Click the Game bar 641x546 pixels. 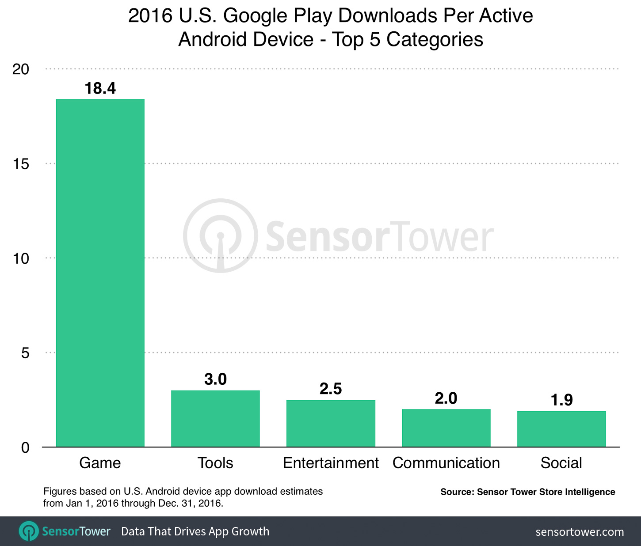tap(100, 273)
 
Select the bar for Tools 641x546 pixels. tap(215, 418)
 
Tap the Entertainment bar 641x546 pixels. tap(331, 423)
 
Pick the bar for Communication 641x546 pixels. tap(446, 428)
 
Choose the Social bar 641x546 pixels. tap(561, 429)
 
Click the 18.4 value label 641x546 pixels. tap(100, 88)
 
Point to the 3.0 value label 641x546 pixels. tap(215, 379)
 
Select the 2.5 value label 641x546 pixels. tap(331, 389)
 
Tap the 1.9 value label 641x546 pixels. tap(561, 400)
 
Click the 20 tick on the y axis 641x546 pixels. tap(21, 69)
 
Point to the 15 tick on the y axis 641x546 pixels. tap(21, 164)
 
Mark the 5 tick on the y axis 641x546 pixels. tap(25, 353)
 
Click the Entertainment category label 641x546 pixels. tap(331, 463)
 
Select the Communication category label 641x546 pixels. tap(446, 463)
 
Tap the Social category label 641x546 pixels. tap(561, 463)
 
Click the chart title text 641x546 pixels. tap(331, 27)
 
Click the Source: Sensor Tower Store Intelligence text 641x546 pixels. tap(527, 492)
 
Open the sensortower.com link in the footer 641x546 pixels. tap(580, 532)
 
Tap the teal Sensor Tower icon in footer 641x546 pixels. tap(29, 531)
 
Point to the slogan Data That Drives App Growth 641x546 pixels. tap(195, 531)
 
